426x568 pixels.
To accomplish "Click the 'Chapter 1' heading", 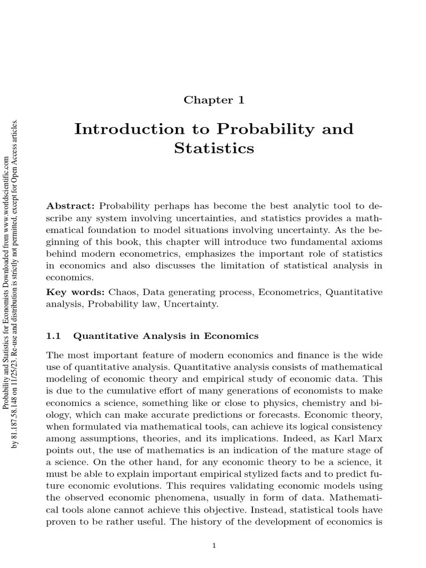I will pos(214,100).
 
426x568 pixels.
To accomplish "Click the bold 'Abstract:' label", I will pos(71,205).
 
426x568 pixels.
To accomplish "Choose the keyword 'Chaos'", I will pos(121,292).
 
